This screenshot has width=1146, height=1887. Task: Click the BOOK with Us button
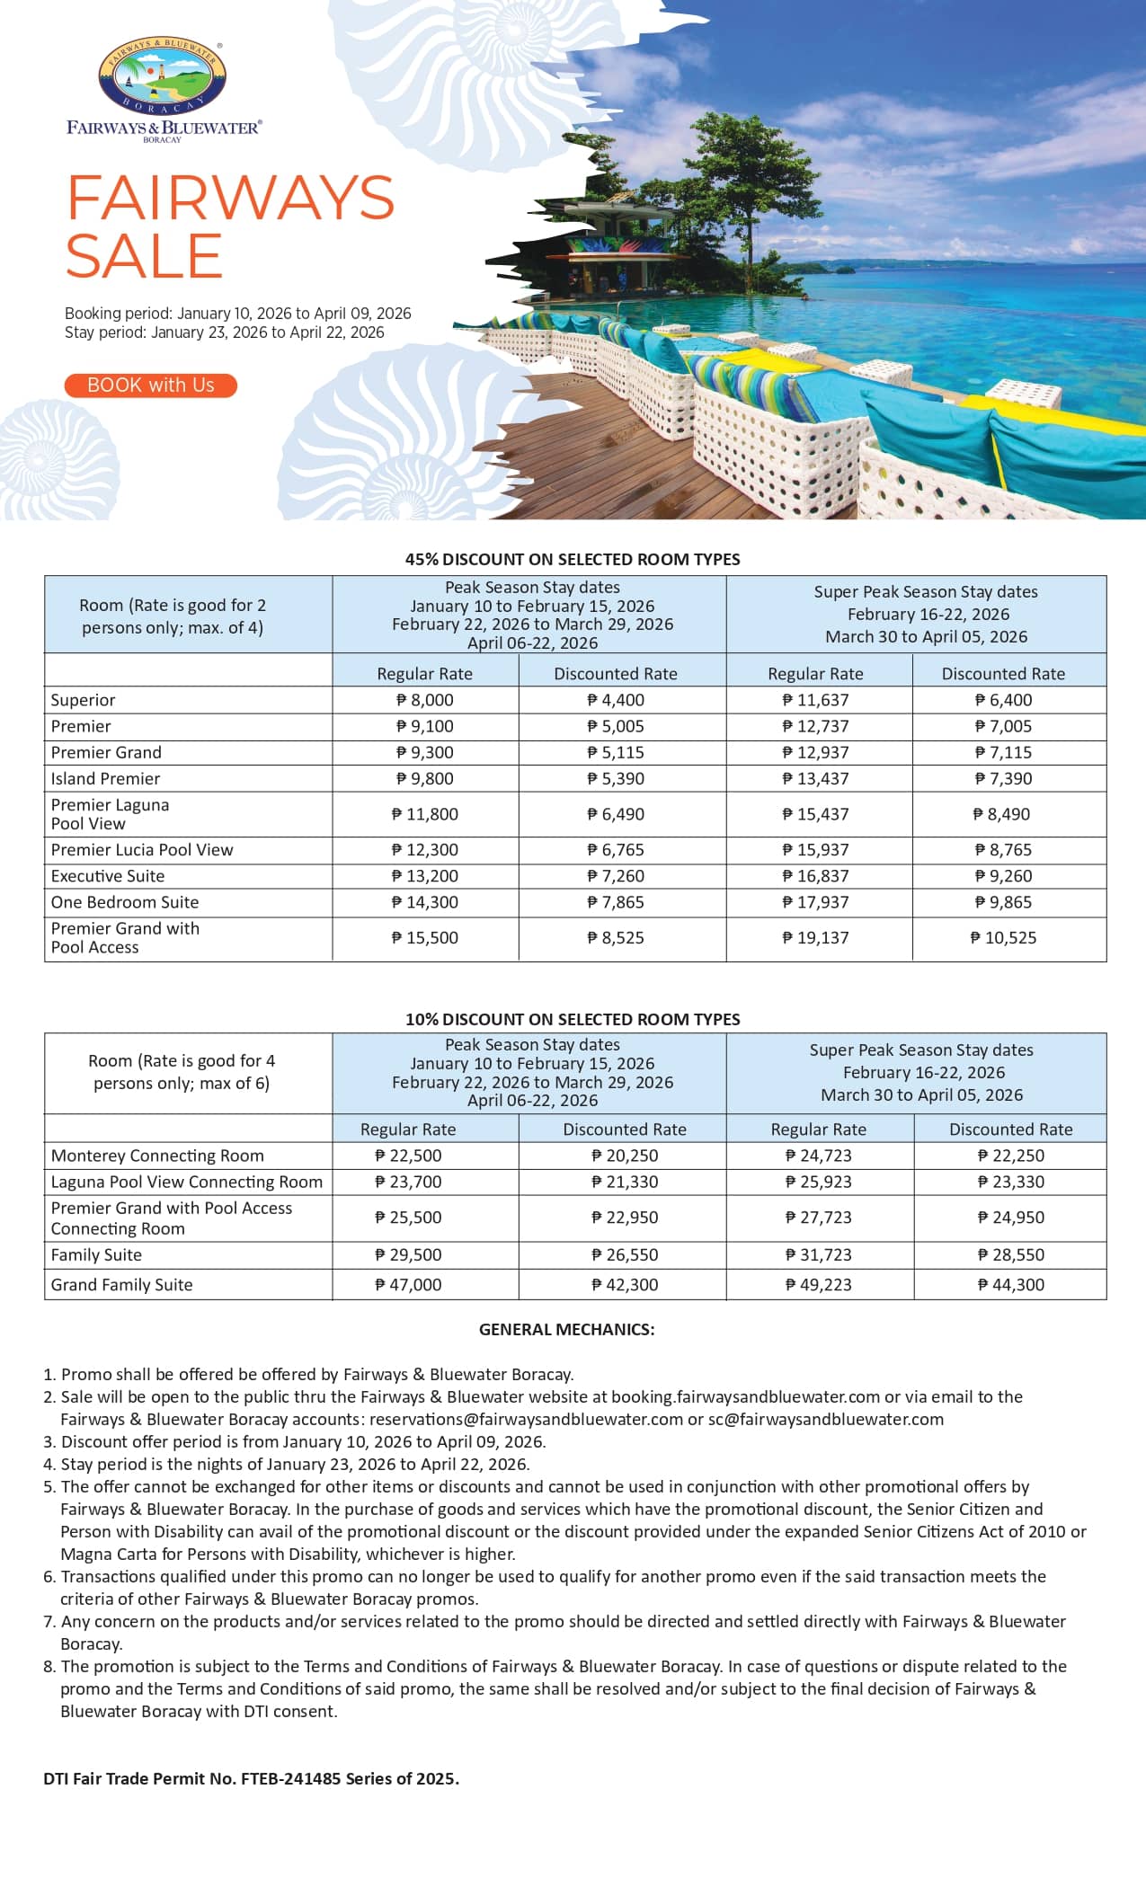(150, 385)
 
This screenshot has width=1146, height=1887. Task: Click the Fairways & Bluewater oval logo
(162, 77)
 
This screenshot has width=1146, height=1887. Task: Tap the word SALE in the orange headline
(144, 256)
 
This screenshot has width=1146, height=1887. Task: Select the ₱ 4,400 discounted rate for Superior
(616, 700)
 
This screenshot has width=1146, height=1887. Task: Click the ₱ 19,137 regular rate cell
(816, 938)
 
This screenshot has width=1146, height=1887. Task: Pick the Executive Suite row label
(108, 876)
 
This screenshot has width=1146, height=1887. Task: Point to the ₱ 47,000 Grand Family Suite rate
(408, 1285)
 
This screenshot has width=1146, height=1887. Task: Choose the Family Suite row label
(96, 1255)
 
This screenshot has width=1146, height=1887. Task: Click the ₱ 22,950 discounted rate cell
(625, 1218)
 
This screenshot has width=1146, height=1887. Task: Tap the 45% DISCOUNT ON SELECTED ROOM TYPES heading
(573, 559)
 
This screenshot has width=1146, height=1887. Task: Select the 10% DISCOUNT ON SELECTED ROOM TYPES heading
(573, 1019)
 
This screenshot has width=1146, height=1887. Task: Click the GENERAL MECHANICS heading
(566, 1329)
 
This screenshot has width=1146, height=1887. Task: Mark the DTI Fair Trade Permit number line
(252, 1778)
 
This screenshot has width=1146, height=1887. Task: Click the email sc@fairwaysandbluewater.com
(825, 1419)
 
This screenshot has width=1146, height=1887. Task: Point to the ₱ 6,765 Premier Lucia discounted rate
(616, 850)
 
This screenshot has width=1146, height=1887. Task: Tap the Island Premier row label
(105, 779)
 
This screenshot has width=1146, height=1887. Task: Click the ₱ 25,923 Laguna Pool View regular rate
(818, 1182)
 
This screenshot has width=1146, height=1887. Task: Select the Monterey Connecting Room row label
(157, 1156)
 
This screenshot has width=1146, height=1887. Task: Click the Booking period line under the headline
(237, 314)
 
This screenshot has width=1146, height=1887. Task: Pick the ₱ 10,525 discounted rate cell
(1003, 938)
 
